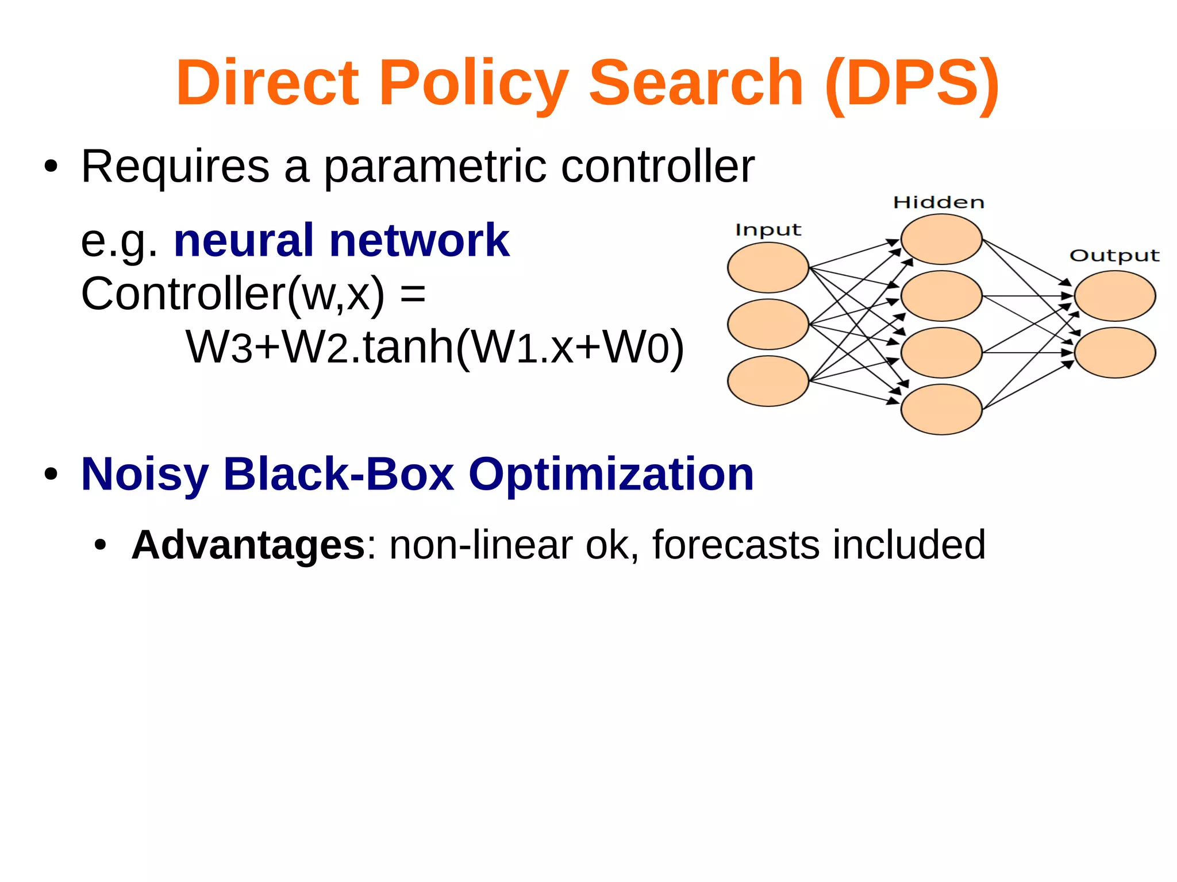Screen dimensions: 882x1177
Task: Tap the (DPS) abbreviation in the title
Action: [912, 84]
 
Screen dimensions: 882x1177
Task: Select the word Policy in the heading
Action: [474, 84]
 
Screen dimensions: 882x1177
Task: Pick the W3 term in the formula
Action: [219, 347]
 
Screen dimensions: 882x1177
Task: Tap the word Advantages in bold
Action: [248, 544]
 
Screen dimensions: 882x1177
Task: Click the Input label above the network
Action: [768, 230]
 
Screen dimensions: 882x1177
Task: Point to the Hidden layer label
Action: [938, 202]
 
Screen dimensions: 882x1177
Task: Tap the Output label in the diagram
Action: [1114, 256]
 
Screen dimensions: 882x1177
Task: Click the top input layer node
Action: [768, 268]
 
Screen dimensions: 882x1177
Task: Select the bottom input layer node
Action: [768, 381]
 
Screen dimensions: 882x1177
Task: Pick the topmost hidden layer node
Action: [941, 239]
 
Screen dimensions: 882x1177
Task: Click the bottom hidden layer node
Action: [941, 409]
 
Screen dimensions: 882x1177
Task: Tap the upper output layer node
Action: [1115, 296]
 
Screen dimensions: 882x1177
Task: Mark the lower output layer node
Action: [1115, 352]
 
